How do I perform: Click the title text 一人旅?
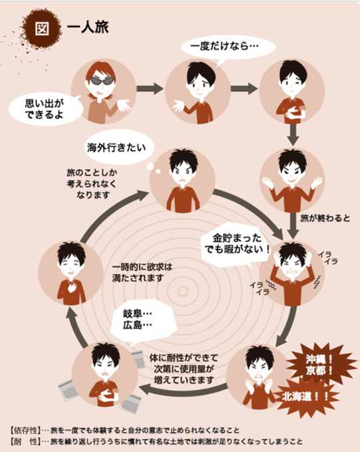(x=88, y=28)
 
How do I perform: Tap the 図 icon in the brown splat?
(x=42, y=28)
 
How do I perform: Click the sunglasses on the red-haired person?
(x=100, y=80)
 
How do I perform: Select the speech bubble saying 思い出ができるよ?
(x=45, y=109)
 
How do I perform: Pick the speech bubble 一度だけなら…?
(x=228, y=48)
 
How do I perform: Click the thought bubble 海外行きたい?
(x=116, y=148)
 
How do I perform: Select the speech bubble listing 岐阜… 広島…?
(x=142, y=320)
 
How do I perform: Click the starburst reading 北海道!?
(x=305, y=397)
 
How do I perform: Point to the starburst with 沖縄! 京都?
(x=320, y=365)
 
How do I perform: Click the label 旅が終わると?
(x=325, y=218)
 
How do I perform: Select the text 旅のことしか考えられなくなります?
(x=92, y=184)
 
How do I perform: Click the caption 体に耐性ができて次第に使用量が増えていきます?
(x=184, y=369)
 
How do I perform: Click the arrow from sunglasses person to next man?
(x=150, y=88)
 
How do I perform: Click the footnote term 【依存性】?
(x=25, y=430)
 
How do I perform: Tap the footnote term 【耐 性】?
(x=25, y=441)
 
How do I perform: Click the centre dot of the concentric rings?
(x=182, y=291)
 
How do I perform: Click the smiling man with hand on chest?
(x=71, y=273)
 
